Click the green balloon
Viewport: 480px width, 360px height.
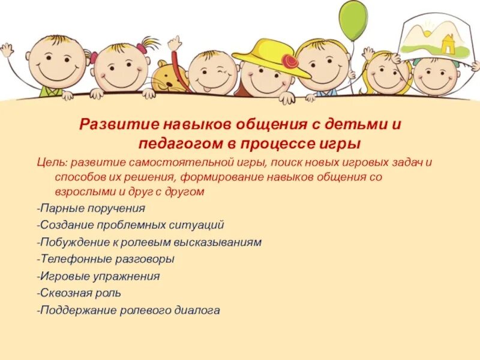point(352,21)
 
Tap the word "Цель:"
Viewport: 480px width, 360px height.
point(50,162)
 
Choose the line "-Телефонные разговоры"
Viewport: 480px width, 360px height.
point(106,259)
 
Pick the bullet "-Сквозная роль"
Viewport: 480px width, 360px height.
point(79,293)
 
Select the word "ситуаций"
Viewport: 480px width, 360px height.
point(197,226)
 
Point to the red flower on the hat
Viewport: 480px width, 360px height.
point(291,61)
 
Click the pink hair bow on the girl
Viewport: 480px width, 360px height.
point(142,48)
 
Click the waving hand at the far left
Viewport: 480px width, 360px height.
point(7,49)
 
